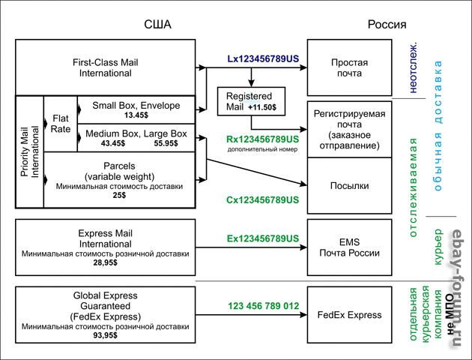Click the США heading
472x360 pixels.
(x=157, y=24)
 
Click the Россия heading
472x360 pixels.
(x=387, y=24)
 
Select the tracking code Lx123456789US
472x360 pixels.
(x=264, y=58)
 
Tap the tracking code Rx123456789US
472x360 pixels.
(x=262, y=139)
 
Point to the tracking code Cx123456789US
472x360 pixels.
(x=262, y=200)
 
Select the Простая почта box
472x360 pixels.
(x=349, y=68)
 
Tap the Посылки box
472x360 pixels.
(x=349, y=184)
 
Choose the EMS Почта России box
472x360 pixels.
(x=349, y=247)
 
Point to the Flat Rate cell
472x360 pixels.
(x=61, y=123)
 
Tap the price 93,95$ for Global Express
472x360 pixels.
(x=105, y=336)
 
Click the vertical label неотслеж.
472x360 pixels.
(x=414, y=67)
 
